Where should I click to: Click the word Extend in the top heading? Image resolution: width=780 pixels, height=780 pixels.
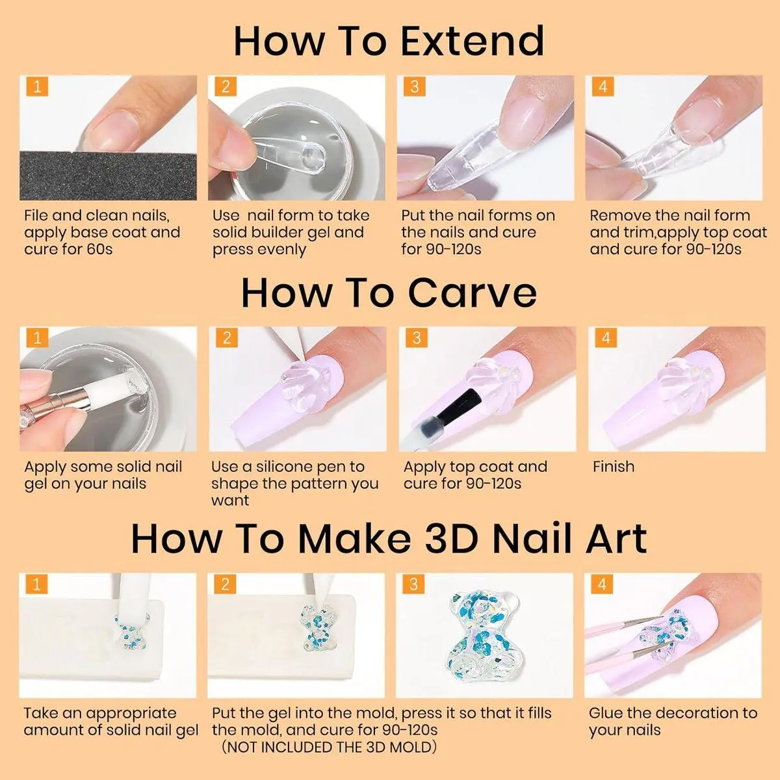472,41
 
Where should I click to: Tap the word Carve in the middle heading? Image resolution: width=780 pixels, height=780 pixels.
472,292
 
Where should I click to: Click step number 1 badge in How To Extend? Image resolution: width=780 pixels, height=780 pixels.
37,86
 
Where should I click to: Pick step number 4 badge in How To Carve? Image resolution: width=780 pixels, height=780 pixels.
606,337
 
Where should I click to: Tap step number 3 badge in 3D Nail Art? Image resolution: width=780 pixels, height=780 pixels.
413,584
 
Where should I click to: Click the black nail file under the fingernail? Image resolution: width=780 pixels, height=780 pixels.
108,176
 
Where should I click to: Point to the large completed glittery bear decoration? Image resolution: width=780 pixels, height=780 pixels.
484,638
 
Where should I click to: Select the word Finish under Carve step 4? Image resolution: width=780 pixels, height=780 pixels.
614,467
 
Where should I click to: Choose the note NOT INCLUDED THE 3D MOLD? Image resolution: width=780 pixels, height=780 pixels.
330,747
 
